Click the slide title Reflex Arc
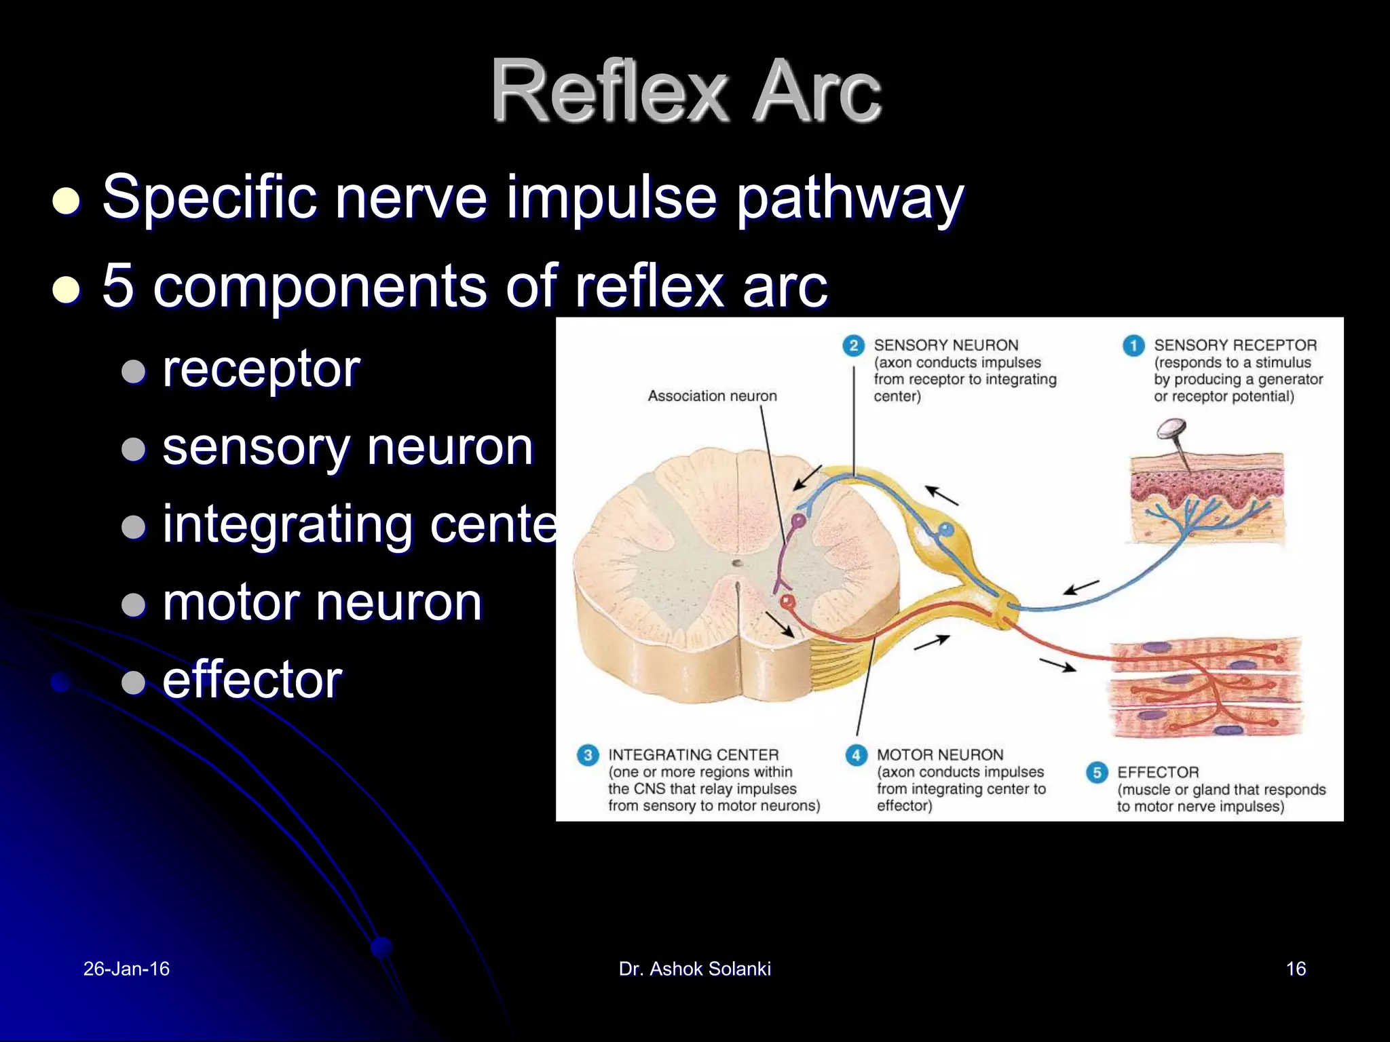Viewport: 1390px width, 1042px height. click(x=685, y=91)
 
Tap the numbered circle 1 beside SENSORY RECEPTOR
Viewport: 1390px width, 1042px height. click(x=1133, y=346)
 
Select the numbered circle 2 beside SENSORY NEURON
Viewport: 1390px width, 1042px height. click(x=853, y=346)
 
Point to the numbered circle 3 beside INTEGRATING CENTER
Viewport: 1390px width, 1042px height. click(x=588, y=755)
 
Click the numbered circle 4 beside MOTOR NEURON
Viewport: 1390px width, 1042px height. click(x=856, y=755)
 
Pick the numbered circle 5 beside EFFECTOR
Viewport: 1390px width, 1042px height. click(x=1097, y=773)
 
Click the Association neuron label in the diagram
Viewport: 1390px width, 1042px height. click(x=712, y=396)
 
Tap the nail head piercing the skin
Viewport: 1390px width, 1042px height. click(x=1171, y=429)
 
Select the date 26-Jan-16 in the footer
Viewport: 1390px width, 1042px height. click(x=126, y=969)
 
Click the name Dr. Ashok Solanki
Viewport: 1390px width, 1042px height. click(x=694, y=969)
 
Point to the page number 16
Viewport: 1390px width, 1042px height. click(x=1296, y=969)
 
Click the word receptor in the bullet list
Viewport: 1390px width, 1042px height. click(x=261, y=370)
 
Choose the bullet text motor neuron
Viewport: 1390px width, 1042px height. click(x=322, y=602)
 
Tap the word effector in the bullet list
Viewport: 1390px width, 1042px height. click(x=252, y=680)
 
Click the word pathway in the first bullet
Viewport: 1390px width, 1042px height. click(x=850, y=198)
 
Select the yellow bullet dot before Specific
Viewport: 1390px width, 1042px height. click(x=67, y=201)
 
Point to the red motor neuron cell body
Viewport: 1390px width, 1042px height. click(x=787, y=602)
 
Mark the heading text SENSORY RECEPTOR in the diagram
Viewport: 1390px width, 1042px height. click(x=1235, y=345)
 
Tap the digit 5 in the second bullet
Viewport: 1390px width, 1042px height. click(x=118, y=286)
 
